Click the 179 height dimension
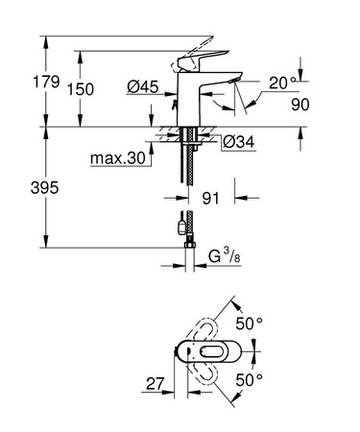pos(20,82)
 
